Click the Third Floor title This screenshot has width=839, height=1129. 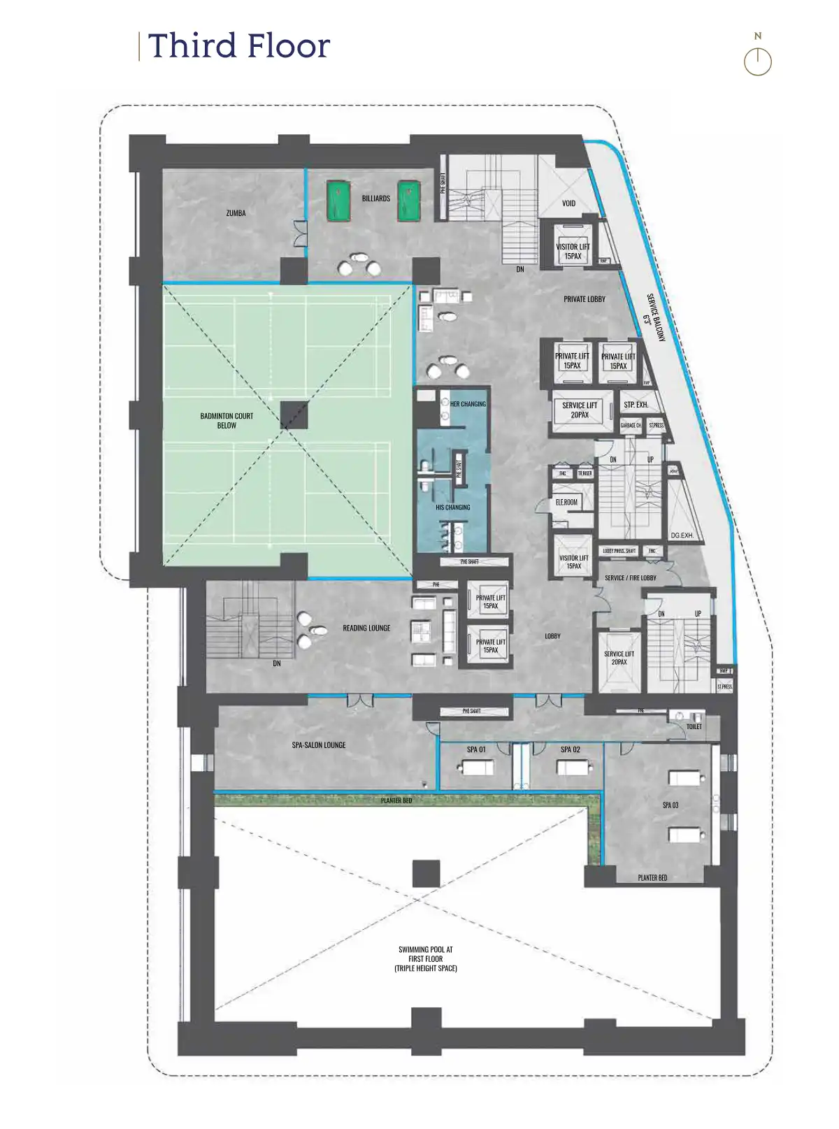pyautogui.click(x=238, y=46)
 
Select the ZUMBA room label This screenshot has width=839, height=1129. pyautogui.click(x=236, y=213)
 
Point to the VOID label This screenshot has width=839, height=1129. pyautogui.click(x=568, y=203)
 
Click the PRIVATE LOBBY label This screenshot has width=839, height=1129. pyautogui.click(x=585, y=299)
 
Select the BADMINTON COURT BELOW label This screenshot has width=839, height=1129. pyautogui.click(x=227, y=420)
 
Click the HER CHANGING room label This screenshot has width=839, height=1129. pyautogui.click(x=468, y=404)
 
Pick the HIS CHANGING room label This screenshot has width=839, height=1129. pyautogui.click(x=452, y=508)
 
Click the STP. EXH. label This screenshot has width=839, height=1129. pyautogui.click(x=636, y=405)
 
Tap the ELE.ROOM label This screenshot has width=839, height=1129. pyautogui.click(x=566, y=502)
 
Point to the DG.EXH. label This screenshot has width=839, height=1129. pyautogui.click(x=682, y=535)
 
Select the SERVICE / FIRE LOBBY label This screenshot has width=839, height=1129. pyautogui.click(x=630, y=578)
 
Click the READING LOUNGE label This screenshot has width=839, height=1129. pyautogui.click(x=366, y=628)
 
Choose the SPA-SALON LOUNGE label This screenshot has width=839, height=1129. pyautogui.click(x=319, y=745)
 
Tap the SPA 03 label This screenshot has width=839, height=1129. pyautogui.click(x=670, y=805)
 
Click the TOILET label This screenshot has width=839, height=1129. pyautogui.click(x=694, y=727)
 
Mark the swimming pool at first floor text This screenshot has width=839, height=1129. pyautogui.click(x=425, y=958)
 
